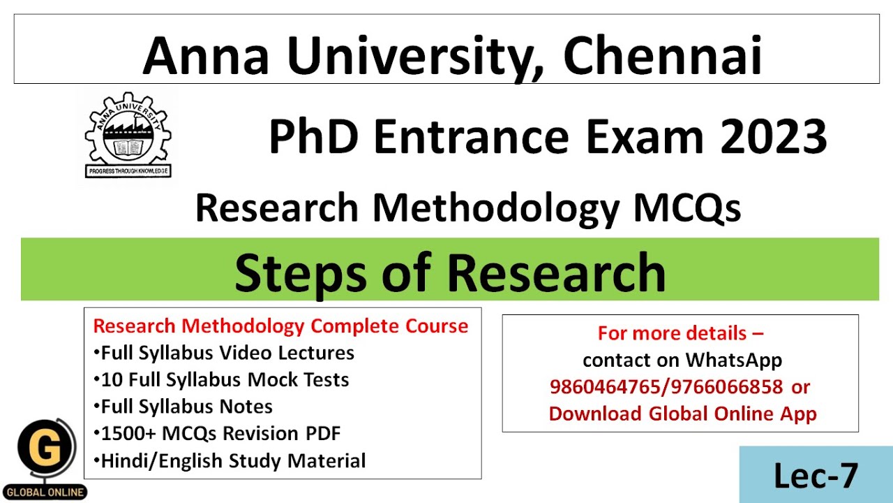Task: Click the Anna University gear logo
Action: coord(128,133)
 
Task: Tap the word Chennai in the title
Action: coord(662,57)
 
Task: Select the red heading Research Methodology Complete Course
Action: coord(280,326)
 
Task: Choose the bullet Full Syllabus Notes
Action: coord(186,407)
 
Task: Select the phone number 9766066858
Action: coord(723,386)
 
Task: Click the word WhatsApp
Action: coord(733,360)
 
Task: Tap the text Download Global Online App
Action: coord(682,413)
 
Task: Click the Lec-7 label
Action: coord(816,476)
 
